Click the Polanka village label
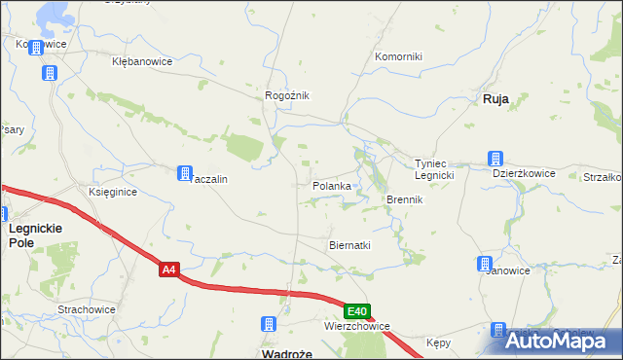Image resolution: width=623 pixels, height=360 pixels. point(331,186)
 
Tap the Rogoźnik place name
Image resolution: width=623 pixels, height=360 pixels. point(287,95)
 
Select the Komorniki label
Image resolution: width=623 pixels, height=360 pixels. point(399,56)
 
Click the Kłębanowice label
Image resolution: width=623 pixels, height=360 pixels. point(142,61)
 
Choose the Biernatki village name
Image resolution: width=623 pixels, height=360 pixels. point(350,245)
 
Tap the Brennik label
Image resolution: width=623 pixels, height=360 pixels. point(404,199)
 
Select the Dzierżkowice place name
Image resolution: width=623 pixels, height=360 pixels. point(524,173)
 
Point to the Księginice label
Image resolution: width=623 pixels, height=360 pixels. point(113,193)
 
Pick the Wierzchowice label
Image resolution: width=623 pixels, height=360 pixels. point(358,327)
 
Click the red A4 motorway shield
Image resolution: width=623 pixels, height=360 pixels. point(170,270)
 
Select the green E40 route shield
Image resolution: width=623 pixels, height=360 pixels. point(357,311)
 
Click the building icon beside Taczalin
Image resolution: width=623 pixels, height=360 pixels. point(184,174)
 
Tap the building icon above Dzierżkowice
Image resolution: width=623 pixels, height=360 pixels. point(495,159)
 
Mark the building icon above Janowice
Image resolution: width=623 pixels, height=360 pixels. point(485,264)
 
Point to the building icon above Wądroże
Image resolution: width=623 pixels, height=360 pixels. point(270,325)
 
